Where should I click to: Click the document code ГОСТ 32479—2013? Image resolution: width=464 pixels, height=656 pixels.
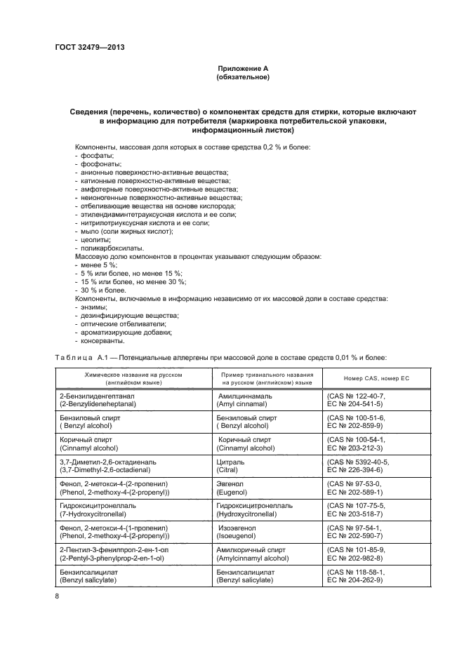(x=84, y=48)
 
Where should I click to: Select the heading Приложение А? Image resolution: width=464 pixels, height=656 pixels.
(x=242, y=68)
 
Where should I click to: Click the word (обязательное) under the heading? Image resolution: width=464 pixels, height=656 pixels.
(x=242, y=77)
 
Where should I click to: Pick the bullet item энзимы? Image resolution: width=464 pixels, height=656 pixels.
(x=90, y=307)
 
